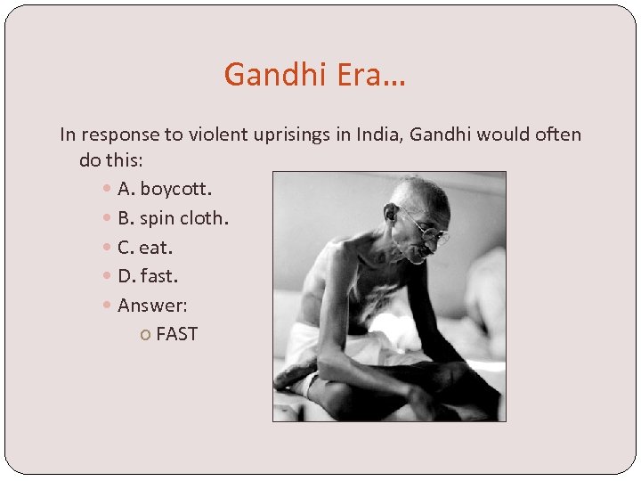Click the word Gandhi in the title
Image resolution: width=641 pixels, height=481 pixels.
click(x=276, y=74)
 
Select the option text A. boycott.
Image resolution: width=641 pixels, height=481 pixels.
click(x=165, y=189)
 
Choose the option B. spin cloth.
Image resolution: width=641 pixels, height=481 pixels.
click(x=173, y=218)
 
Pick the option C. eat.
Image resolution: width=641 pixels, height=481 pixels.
click(x=145, y=247)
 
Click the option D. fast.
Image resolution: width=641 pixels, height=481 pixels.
click(x=148, y=276)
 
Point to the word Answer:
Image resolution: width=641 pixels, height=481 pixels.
click(x=152, y=306)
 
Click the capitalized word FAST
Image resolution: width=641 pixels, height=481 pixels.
click(x=176, y=335)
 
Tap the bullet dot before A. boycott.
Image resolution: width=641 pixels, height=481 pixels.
click(x=108, y=190)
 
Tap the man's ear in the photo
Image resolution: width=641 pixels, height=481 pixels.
click(x=391, y=213)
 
